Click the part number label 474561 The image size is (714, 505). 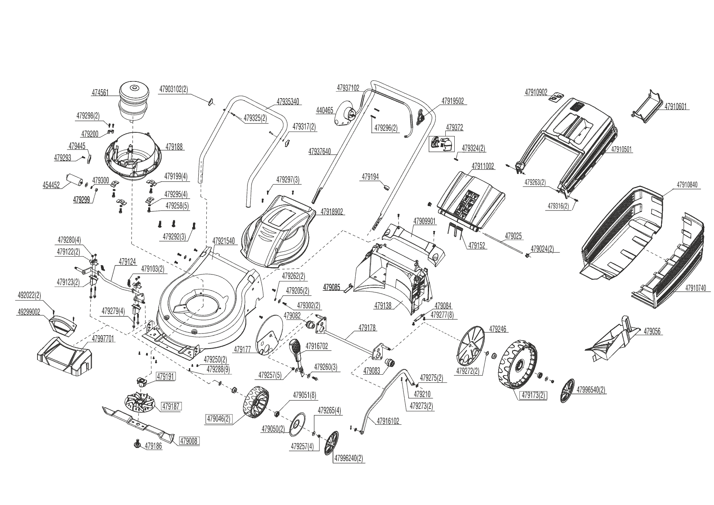click(100, 93)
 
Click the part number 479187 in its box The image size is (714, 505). click(171, 406)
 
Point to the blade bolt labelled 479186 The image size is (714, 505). click(137, 444)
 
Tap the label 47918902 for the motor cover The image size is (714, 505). click(332, 212)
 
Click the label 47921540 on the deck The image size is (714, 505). click(223, 241)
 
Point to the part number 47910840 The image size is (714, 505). click(687, 185)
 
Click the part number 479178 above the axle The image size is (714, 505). click(367, 327)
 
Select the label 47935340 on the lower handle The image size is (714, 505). click(288, 101)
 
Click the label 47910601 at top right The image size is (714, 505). click(675, 107)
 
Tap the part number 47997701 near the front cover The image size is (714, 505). click(103, 338)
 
